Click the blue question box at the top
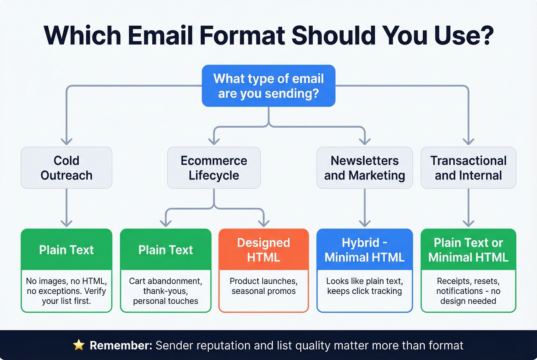click(268, 85)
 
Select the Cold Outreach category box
click(66, 168)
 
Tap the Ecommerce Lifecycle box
click(214, 168)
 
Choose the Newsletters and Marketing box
click(364, 168)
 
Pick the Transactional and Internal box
click(468, 168)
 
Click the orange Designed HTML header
click(264, 250)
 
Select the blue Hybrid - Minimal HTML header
click(364, 250)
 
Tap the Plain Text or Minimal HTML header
click(468, 250)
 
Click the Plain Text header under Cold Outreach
click(66, 250)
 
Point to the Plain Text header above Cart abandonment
click(166, 250)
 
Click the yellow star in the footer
click(79, 345)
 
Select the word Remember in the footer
click(121, 345)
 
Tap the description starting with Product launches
click(264, 286)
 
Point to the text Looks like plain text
click(364, 281)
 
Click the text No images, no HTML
click(66, 281)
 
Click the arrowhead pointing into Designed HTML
click(264, 223)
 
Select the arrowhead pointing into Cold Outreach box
click(66, 141)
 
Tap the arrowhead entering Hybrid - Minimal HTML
click(364, 223)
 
